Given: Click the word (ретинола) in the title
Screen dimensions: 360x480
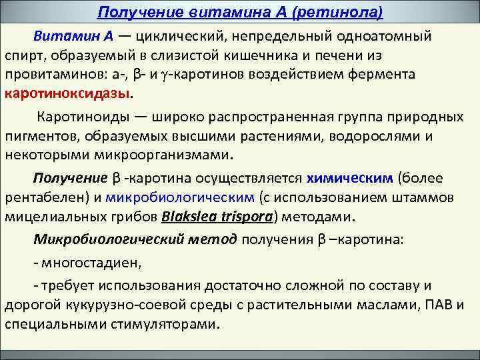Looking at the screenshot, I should click(x=339, y=13).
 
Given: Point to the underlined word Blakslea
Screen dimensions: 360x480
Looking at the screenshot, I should click(x=190, y=217).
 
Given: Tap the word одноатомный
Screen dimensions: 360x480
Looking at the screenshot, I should click(x=385, y=36).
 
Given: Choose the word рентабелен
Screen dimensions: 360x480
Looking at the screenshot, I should click(x=48, y=197).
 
